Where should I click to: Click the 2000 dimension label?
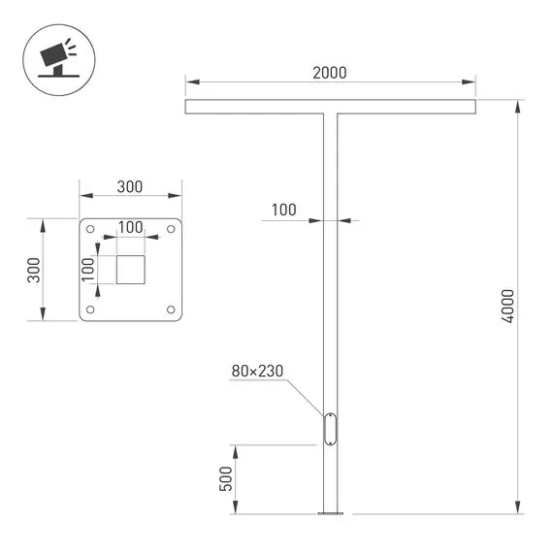point(330,73)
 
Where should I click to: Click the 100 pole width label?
point(283,210)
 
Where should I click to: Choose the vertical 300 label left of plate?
point(33,270)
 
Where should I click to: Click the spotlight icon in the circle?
point(53,54)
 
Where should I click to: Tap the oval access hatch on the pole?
point(330,429)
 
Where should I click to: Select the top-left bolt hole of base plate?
point(90,230)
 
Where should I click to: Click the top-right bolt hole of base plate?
point(171,230)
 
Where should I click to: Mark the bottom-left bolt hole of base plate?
point(90,309)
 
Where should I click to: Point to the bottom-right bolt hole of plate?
point(171,309)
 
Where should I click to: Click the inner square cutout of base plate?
point(130,270)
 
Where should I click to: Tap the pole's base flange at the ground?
point(330,512)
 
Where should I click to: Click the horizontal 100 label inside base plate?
point(130,227)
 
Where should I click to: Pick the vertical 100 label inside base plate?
point(87,270)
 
